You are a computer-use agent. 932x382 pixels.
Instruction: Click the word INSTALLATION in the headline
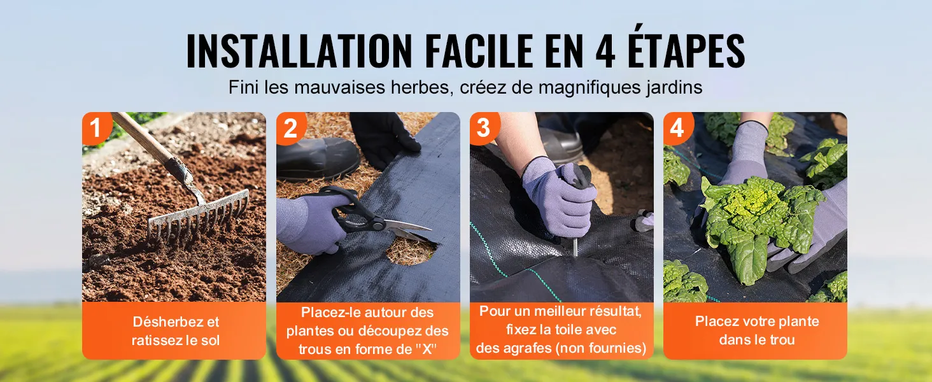click(299, 50)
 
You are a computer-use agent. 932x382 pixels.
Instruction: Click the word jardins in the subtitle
click(674, 88)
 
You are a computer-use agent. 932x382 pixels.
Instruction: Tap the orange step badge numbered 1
click(96, 127)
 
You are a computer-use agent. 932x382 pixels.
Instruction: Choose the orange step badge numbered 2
click(290, 127)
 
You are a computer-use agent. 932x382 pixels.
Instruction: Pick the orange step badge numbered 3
click(484, 127)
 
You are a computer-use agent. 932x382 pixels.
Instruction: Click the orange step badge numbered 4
click(677, 127)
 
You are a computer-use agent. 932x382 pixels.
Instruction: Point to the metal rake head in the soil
click(199, 218)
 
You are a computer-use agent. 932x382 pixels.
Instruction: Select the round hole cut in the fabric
click(411, 250)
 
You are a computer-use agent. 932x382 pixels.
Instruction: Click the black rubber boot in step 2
click(318, 159)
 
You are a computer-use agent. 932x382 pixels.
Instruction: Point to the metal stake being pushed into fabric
click(575, 247)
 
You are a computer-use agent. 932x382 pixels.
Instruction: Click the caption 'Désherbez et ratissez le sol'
click(176, 331)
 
